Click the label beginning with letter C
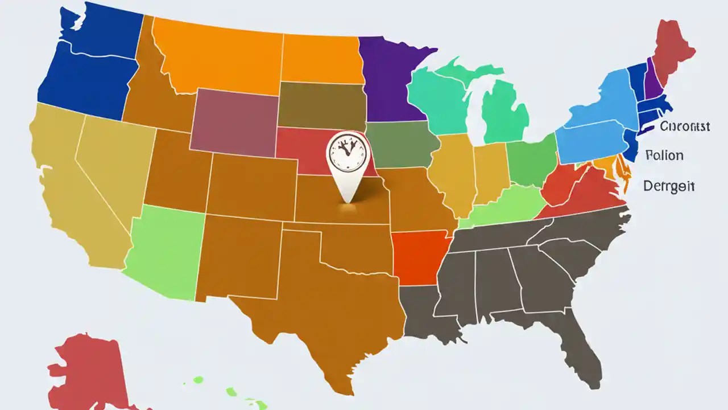(685, 126)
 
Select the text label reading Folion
(665, 155)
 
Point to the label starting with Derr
(669, 186)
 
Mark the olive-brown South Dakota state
(321, 105)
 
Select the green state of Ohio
(532, 162)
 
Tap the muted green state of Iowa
(401, 145)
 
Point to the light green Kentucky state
(506, 208)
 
